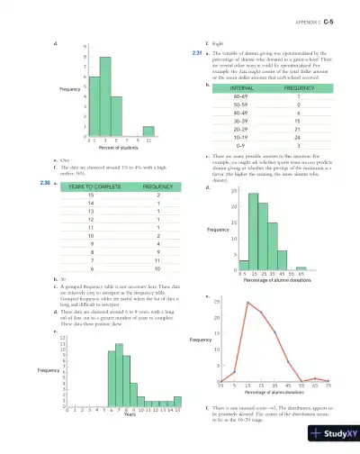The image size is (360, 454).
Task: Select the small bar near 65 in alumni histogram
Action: [301, 268]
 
